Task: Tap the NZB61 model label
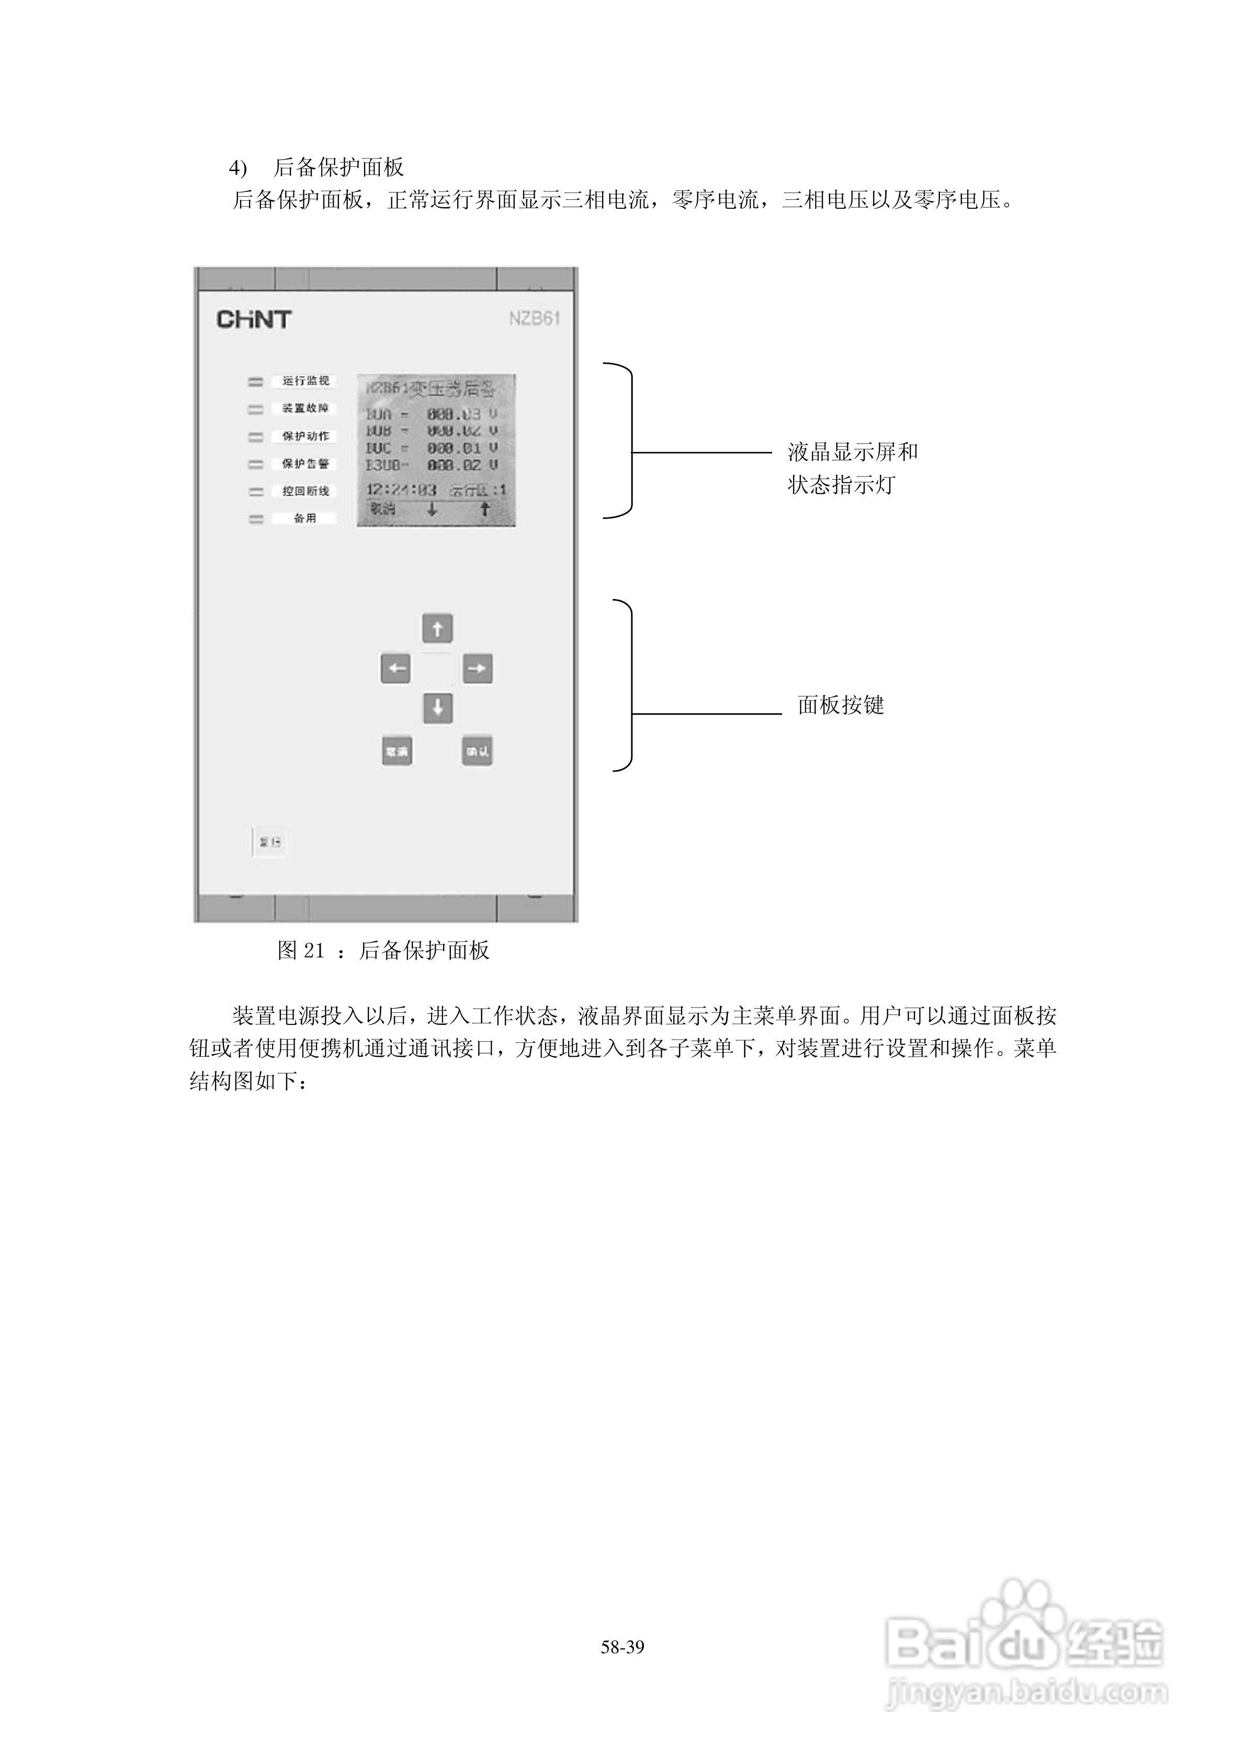point(534,319)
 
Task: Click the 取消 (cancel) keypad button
point(397,751)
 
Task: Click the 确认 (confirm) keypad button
point(477,751)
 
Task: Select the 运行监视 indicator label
point(305,381)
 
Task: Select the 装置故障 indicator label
point(305,408)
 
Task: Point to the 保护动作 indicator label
point(305,436)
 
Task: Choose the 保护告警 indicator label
point(305,464)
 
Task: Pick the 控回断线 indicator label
point(305,491)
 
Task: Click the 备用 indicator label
point(305,519)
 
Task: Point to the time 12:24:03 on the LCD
point(401,490)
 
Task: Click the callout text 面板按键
point(841,705)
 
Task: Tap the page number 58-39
point(622,1647)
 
